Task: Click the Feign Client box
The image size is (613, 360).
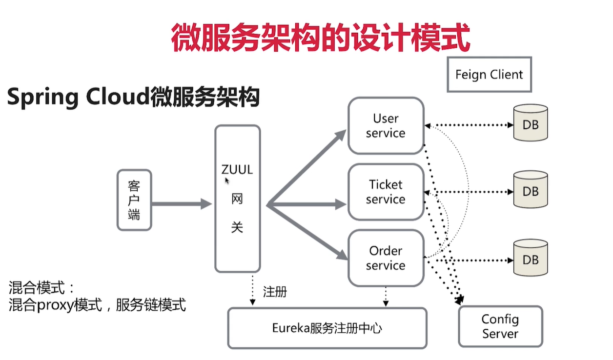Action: (x=489, y=75)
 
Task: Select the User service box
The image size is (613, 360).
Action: (x=386, y=126)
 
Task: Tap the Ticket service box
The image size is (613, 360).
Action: (x=386, y=192)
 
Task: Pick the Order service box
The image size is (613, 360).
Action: (x=386, y=258)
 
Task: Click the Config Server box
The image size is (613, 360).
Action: (x=500, y=326)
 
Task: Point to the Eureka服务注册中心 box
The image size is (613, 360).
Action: (x=327, y=328)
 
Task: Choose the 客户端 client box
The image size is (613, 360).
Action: (x=134, y=200)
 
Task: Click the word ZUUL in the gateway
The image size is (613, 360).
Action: (x=237, y=170)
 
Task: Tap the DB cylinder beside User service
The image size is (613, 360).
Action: (x=531, y=123)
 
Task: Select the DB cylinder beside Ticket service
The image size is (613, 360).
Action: (x=531, y=190)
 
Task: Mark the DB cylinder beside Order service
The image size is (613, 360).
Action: (x=531, y=259)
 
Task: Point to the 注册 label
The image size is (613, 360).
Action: (x=275, y=292)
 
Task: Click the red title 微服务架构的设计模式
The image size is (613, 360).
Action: (x=320, y=39)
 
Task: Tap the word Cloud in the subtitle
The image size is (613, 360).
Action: (x=117, y=97)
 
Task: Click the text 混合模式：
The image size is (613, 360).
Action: (x=42, y=287)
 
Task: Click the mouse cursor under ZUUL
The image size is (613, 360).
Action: (x=227, y=180)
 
